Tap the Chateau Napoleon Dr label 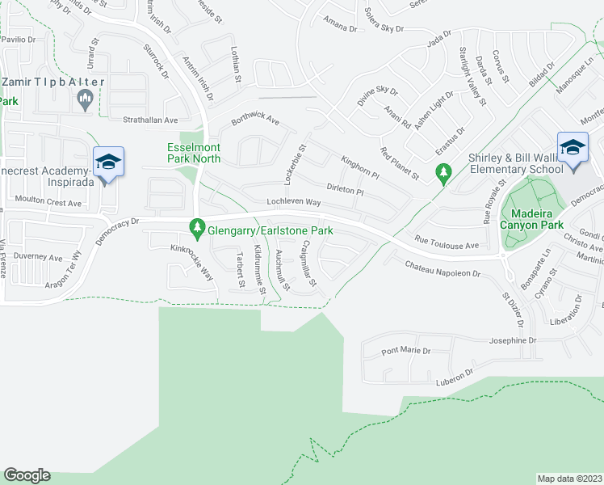[443, 269]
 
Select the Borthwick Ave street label [254, 120]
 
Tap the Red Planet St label [400, 162]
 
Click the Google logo [27, 475]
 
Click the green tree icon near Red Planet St [443, 171]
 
